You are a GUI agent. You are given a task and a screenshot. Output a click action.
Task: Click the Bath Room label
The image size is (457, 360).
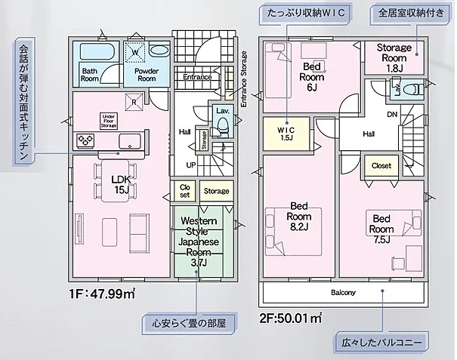90,74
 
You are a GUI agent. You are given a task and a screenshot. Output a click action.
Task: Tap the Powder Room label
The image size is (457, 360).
146,74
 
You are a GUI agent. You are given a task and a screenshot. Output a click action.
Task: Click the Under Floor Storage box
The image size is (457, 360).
110,120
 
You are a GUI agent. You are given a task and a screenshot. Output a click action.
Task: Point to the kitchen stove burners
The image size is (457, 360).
84,141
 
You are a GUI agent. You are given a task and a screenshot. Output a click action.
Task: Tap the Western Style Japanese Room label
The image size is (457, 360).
198,241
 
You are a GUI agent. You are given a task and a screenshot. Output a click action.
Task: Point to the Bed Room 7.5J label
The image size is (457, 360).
381,229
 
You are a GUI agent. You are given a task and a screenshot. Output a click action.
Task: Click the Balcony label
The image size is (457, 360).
343,292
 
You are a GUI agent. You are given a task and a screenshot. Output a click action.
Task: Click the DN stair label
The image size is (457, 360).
392,115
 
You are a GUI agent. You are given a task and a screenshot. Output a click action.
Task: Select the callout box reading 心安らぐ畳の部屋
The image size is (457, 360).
187,325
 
